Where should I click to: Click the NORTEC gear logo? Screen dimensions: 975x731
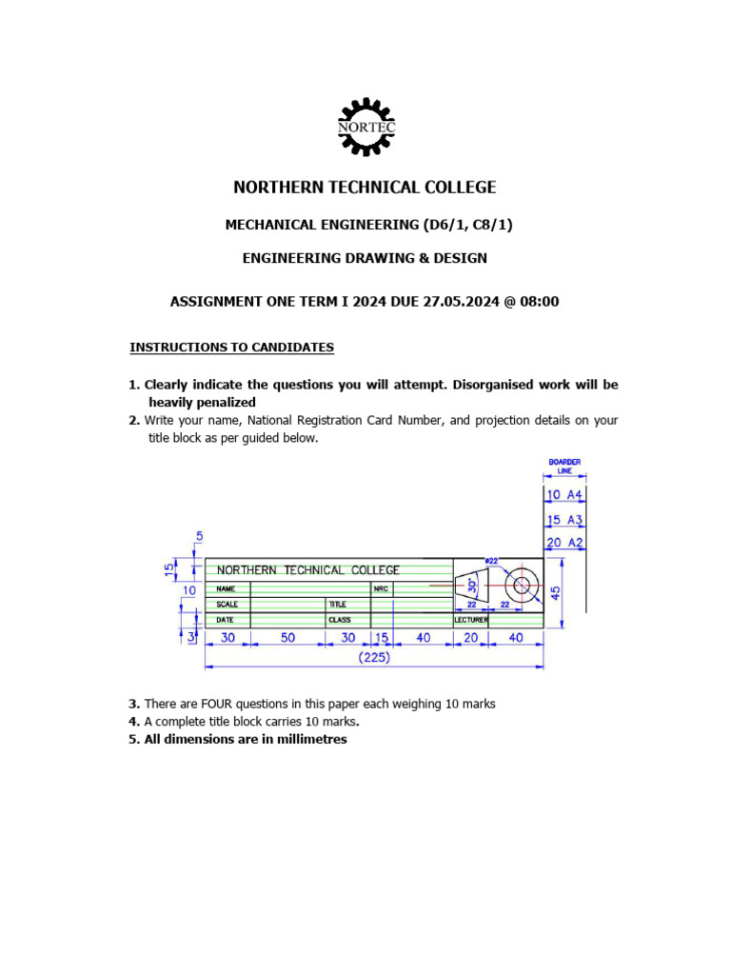[366, 127]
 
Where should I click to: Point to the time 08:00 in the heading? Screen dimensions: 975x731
[540, 302]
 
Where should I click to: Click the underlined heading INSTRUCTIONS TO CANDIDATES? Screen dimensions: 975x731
[231, 348]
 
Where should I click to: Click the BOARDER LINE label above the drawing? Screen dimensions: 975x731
[564, 467]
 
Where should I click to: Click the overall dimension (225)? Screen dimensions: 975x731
[374, 657]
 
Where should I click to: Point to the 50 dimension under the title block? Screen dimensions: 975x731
[287, 638]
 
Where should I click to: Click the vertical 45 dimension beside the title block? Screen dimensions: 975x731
[557, 592]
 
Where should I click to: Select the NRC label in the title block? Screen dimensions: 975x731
[381, 589]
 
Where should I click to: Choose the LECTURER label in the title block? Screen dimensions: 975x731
[470, 620]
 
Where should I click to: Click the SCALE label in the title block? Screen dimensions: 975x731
[227, 605]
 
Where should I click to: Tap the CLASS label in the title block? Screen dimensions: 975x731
[340, 620]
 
